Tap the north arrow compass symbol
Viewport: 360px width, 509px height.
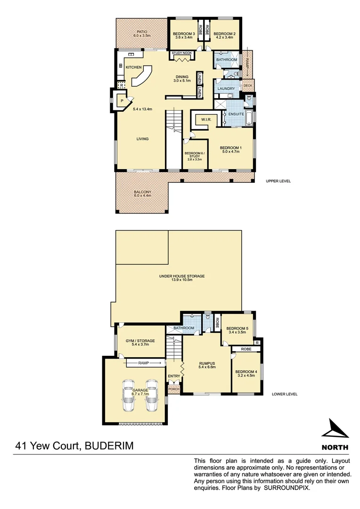tap(335, 429)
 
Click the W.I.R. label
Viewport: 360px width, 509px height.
tap(205, 119)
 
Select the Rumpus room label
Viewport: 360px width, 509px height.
tap(207, 366)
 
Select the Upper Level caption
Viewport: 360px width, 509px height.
tap(278, 181)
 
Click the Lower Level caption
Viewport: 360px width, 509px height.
tap(285, 394)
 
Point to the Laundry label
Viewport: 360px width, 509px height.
tap(226, 88)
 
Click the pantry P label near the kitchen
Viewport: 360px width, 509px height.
tap(122, 101)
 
